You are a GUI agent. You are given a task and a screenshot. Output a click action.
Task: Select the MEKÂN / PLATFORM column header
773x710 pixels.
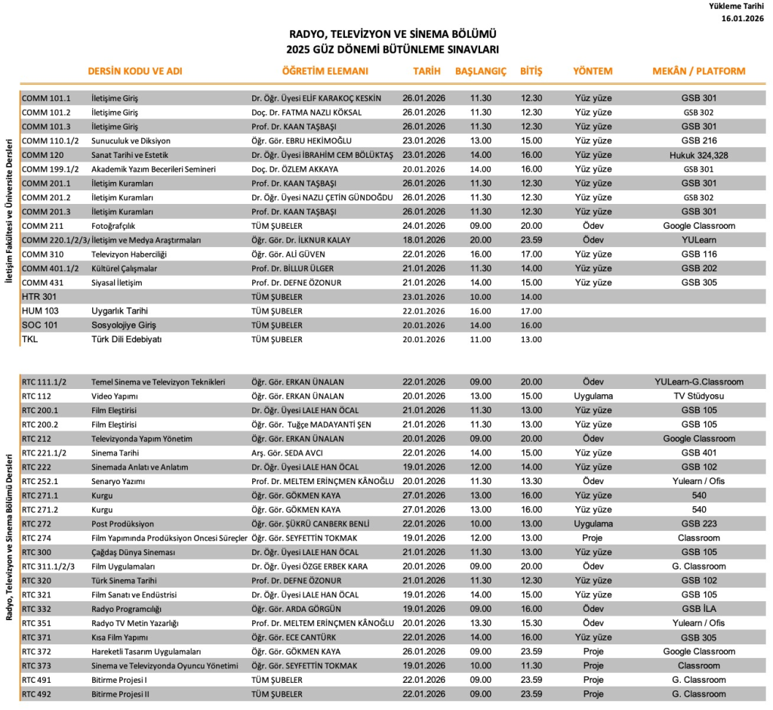click(x=698, y=72)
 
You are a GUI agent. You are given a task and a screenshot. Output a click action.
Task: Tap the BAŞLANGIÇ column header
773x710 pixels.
click(x=480, y=72)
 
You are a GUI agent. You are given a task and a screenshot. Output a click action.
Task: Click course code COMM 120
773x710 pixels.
click(x=38, y=155)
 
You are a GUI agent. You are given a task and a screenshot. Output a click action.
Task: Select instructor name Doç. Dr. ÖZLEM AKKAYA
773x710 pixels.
click(x=294, y=169)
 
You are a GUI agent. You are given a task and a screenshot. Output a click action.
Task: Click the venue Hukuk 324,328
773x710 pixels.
click(x=698, y=155)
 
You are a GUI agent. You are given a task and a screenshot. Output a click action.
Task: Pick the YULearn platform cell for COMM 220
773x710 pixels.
click(x=698, y=240)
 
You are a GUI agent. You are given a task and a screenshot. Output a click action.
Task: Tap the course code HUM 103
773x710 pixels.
click(x=37, y=311)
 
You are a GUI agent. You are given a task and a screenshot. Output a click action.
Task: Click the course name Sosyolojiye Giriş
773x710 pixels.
click(x=123, y=326)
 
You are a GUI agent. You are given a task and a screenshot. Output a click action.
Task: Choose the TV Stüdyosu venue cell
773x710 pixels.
click(x=698, y=397)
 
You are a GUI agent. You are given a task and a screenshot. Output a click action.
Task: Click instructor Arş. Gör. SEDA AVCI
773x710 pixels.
click(x=283, y=453)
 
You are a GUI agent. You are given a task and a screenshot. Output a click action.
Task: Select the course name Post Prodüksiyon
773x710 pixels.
click(x=122, y=524)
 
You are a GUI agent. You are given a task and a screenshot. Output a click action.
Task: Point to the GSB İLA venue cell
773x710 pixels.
click(x=698, y=609)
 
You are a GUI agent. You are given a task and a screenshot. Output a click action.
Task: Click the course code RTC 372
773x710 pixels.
click(x=36, y=652)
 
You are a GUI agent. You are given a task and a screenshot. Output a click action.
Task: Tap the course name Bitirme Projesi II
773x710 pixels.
click(x=121, y=694)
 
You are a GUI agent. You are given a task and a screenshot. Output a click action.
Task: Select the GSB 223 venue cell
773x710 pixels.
click(x=698, y=524)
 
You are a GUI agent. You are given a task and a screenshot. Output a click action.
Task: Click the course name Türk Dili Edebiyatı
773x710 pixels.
click(x=127, y=340)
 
